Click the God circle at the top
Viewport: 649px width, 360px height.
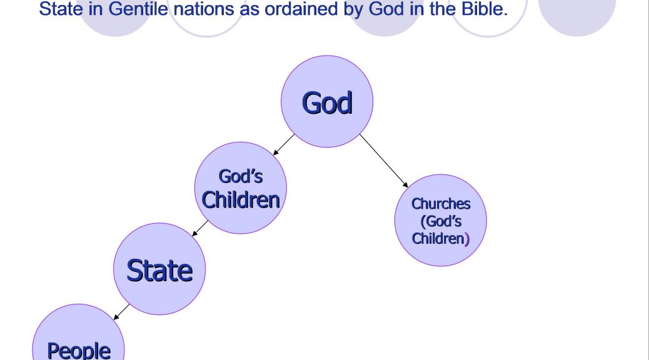[x=327, y=101]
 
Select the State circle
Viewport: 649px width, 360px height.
[x=159, y=269]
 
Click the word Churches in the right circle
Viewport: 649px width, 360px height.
[x=441, y=204]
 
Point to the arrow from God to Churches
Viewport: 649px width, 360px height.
[x=384, y=161]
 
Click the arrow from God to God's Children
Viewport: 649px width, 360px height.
[x=284, y=144]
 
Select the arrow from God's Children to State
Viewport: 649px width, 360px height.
[x=200, y=228]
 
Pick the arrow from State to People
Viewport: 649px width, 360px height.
[x=121, y=312]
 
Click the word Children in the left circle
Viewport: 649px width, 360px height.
[x=241, y=200]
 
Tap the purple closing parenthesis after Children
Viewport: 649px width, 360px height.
[x=467, y=239]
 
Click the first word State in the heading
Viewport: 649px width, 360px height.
[x=61, y=9]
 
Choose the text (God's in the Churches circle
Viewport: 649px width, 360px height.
[x=441, y=221]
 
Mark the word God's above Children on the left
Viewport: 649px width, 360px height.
[x=241, y=176]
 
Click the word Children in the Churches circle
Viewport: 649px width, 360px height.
[x=438, y=239]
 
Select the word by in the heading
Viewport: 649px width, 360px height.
[x=353, y=9]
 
